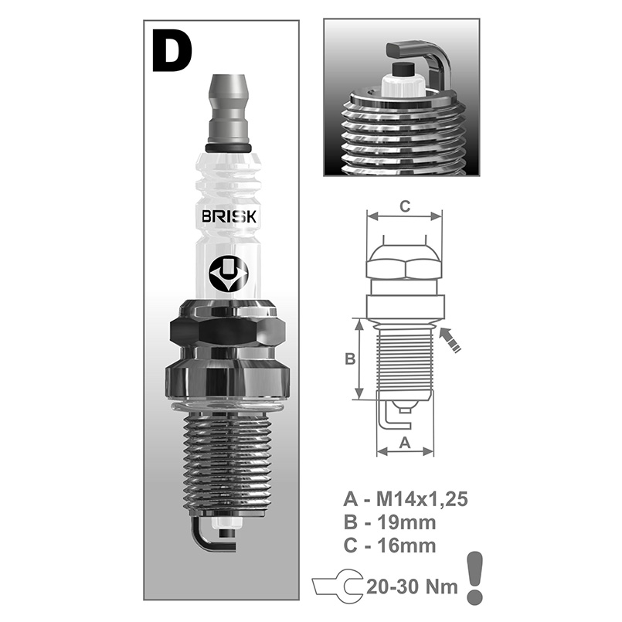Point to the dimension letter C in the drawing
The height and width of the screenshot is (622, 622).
click(403, 206)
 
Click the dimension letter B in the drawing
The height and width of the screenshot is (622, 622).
click(348, 359)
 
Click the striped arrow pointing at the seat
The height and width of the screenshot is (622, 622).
click(451, 340)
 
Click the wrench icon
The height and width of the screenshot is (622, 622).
click(335, 586)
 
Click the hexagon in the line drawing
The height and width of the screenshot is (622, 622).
click(403, 266)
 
